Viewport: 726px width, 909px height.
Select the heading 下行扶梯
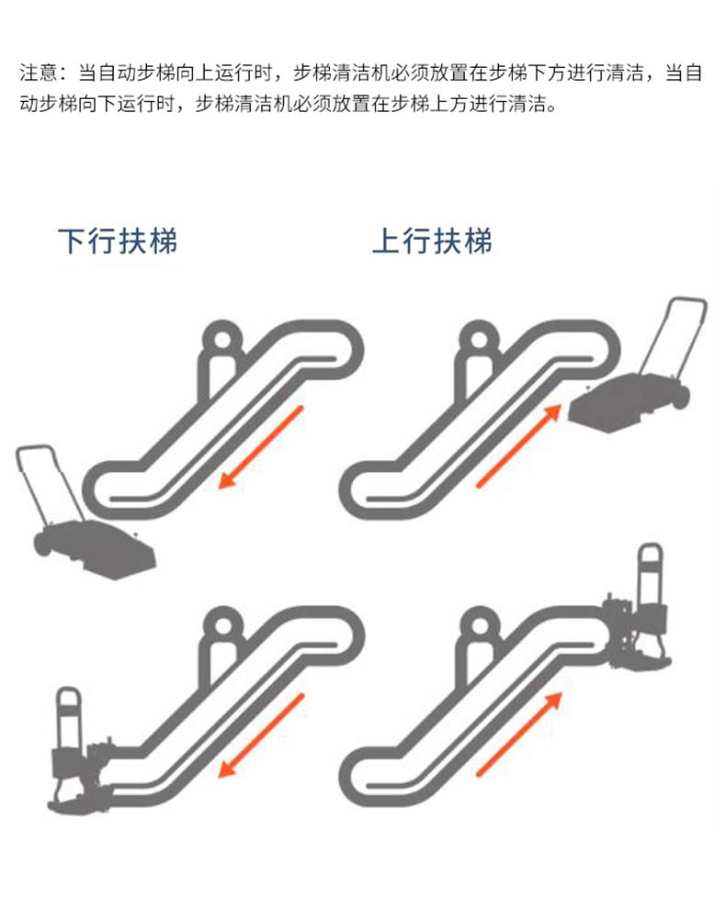[x=117, y=241]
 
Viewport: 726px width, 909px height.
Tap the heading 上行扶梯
[x=432, y=241]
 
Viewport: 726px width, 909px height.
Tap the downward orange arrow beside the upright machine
[x=262, y=735]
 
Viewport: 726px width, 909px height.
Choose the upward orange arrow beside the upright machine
[x=519, y=735]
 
